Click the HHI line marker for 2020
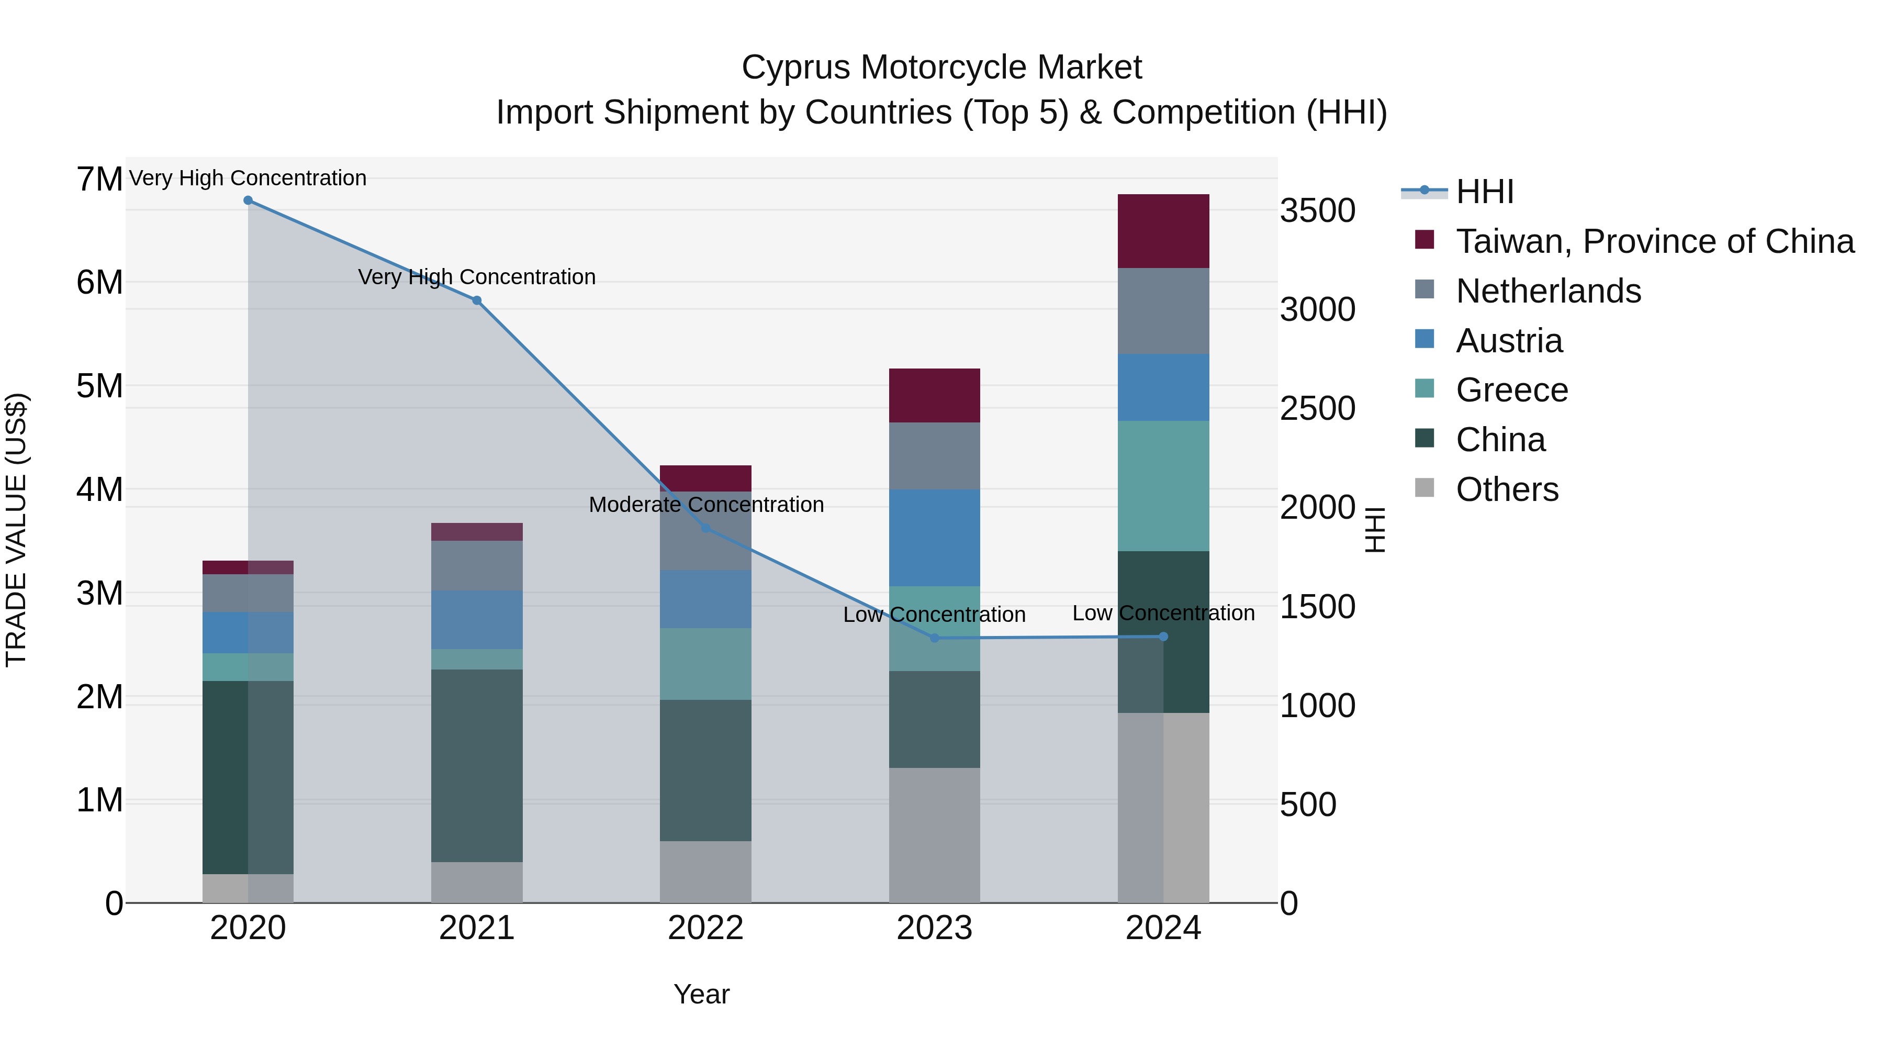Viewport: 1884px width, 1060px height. (x=248, y=200)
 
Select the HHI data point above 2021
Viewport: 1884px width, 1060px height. (x=477, y=300)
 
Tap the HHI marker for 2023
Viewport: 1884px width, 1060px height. (x=934, y=638)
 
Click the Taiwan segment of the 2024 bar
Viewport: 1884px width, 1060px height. (x=1163, y=231)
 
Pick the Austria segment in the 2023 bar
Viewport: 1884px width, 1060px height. (x=934, y=538)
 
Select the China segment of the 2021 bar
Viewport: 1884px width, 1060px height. (x=477, y=765)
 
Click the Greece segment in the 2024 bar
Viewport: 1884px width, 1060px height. (x=1163, y=486)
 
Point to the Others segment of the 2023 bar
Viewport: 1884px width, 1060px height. (x=934, y=835)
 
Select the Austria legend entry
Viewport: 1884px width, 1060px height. (x=1509, y=341)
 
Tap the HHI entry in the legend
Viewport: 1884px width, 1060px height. (x=1484, y=192)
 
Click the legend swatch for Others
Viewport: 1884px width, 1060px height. (x=1424, y=488)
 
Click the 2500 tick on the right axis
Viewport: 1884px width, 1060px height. (x=1317, y=408)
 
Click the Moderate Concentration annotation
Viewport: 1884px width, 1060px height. (x=706, y=505)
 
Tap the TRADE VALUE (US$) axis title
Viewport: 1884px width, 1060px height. (x=16, y=530)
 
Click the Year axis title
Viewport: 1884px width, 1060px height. (x=701, y=994)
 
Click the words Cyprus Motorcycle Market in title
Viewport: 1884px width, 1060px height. (x=941, y=68)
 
